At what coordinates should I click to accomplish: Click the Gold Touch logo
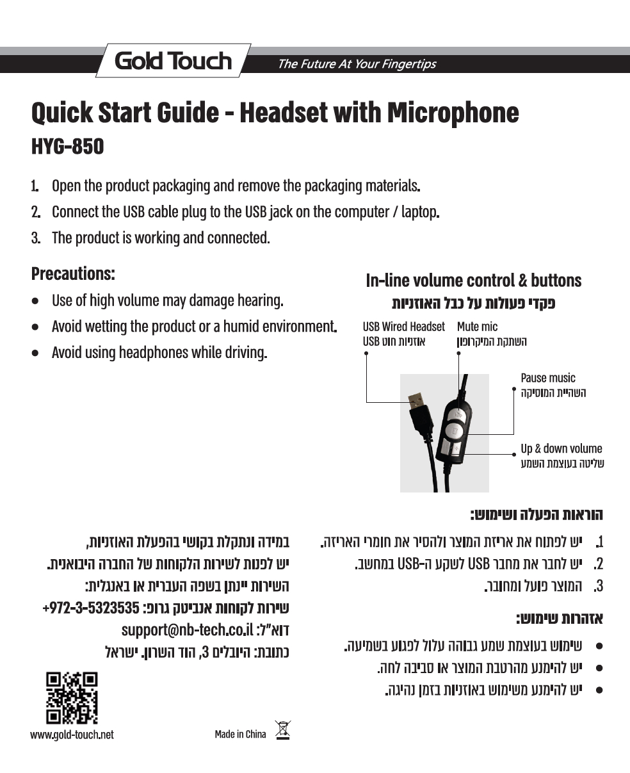[173, 61]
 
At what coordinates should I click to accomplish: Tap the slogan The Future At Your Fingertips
[356, 64]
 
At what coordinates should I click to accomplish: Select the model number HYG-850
[67, 147]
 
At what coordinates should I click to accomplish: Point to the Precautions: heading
[73, 274]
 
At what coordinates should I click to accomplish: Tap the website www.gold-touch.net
[72, 735]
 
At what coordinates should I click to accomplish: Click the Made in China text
[240, 734]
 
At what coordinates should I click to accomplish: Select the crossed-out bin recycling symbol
[282, 731]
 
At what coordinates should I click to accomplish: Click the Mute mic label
[477, 327]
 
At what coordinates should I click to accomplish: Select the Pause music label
[548, 378]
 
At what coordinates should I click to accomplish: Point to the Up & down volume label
[561, 448]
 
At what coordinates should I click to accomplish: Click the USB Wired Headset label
[403, 327]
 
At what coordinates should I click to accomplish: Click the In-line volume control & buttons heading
[473, 281]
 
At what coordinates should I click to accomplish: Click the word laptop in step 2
[419, 211]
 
